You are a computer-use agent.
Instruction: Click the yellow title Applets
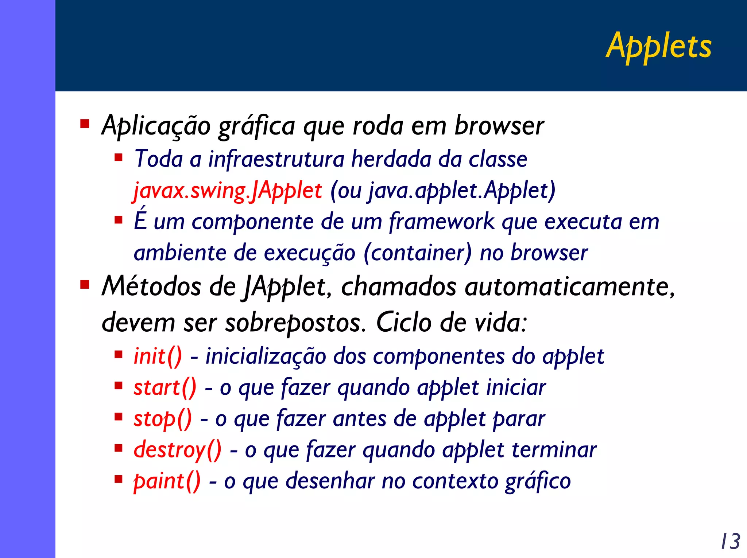pyautogui.click(x=658, y=47)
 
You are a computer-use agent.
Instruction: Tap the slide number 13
pyautogui.click(x=730, y=541)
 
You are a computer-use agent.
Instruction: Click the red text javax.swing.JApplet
pyautogui.click(x=228, y=191)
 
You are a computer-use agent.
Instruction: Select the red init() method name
pyautogui.click(x=158, y=356)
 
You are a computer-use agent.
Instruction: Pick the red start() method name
pyautogui.click(x=165, y=387)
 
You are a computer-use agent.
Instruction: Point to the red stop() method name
pyautogui.click(x=163, y=419)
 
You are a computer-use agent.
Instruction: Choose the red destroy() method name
pyautogui.click(x=178, y=450)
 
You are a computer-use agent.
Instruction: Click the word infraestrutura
pyautogui.click(x=276, y=159)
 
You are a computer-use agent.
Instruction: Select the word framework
pyautogui.click(x=441, y=222)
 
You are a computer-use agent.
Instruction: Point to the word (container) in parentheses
pyautogui.click(x=418, y=253)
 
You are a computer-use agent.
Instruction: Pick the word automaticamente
pyautogui.click(x=569, y=286)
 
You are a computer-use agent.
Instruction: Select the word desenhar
pyautogui.click(x=330, y=481)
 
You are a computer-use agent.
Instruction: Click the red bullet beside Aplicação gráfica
pyautogui.click(x=85, y=124)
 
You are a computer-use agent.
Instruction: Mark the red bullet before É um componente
pyautogui.click(x=118, y=220)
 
